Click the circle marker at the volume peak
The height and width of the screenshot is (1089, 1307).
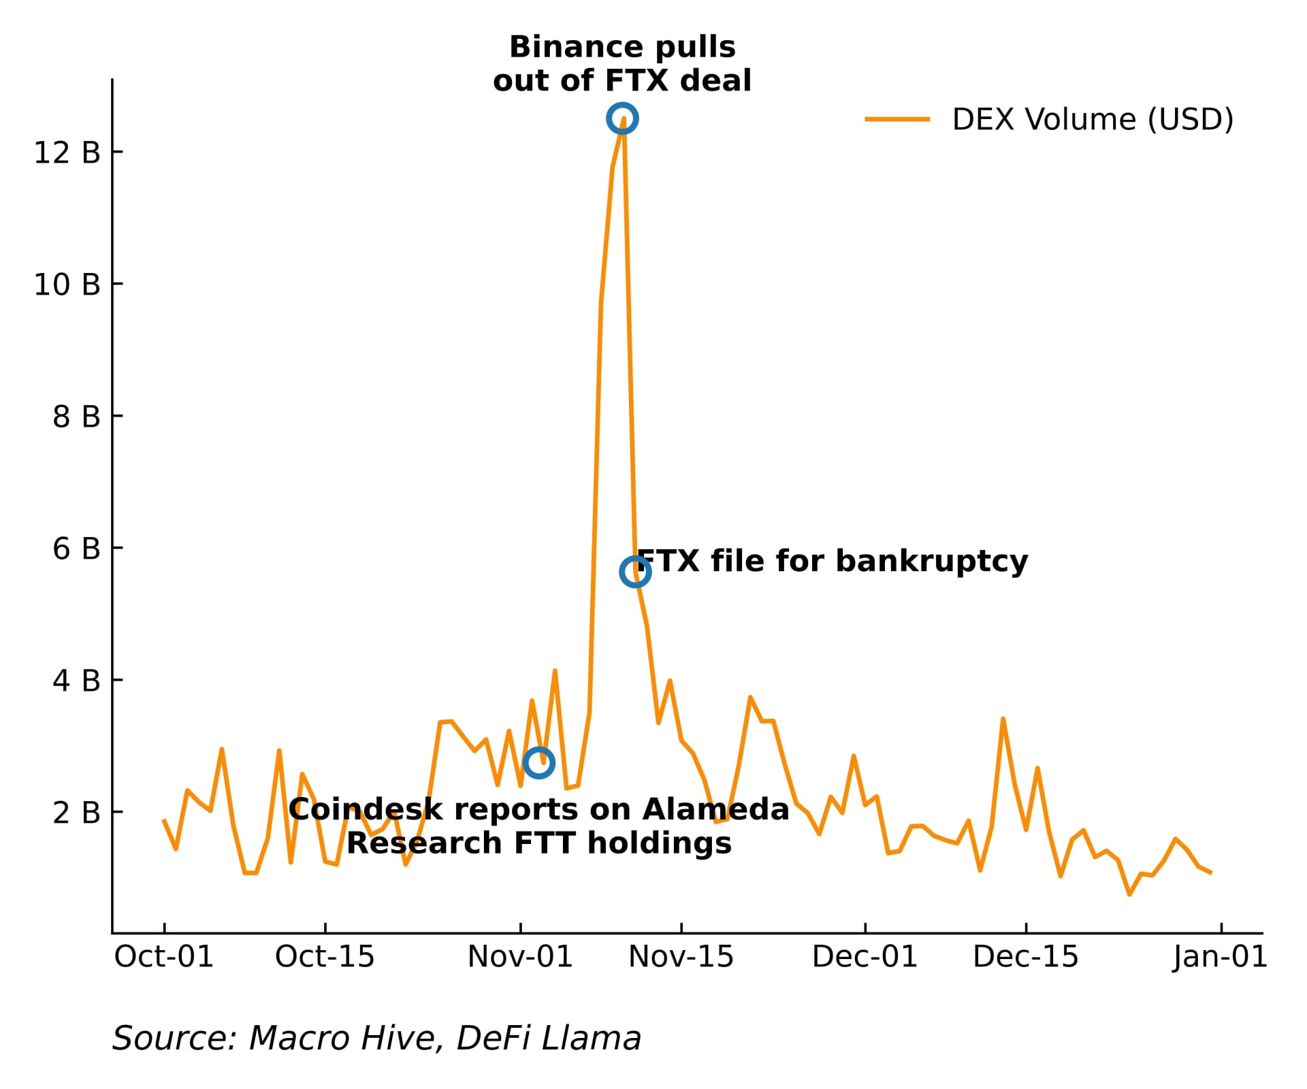(622, 119)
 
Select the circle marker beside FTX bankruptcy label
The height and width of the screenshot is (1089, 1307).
(634, 572)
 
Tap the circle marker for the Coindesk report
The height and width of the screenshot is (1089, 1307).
(538, 763)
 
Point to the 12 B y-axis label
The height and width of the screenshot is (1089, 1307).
(67, 152)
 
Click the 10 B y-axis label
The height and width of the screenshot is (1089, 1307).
(67, 285)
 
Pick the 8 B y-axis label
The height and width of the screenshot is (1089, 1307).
(76, 417)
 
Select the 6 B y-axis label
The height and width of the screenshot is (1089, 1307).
(76, 549)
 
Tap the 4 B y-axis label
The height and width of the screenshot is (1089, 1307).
(76, 681)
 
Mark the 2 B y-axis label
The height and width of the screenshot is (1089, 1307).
(76, 813)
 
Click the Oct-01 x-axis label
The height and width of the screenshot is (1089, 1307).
(164, 957)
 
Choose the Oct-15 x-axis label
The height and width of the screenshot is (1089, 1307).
(325, 957)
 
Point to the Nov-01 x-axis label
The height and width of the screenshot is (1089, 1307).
(520, 957)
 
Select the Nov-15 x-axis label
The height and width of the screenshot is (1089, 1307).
(681, 957)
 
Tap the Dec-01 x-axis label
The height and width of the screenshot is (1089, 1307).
(865, 957)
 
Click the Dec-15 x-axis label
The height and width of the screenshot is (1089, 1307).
(1026, 957)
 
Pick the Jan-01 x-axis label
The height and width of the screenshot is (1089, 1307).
(1220, 957)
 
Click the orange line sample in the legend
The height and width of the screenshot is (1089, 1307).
(897, 119)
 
